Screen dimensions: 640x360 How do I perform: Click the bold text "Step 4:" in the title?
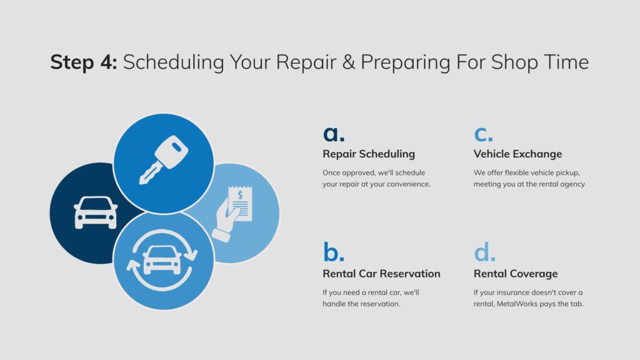[x=84, y=62]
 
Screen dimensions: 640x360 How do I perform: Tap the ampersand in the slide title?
[x=348, y=62]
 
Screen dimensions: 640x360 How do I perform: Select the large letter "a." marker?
[x=334, y=134]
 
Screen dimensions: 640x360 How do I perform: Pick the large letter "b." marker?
[x=334, y=251]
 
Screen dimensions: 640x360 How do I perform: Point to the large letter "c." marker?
[x=483, y=134]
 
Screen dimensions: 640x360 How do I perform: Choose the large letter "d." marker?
[x=484, y=251]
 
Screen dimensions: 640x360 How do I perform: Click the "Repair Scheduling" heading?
[x=369, y=154]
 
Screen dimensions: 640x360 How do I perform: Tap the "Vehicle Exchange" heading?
[x=517, y=154]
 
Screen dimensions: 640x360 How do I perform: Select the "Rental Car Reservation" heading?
[x=381, y=274]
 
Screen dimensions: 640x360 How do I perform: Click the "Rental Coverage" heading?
[x=516, y=274]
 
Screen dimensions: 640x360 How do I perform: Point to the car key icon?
[x=163, y=159]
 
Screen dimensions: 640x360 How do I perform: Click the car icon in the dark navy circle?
[x=96, y=212]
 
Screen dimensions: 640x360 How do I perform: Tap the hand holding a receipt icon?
[x=232, y=214]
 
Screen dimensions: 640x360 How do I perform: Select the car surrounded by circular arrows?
[x=162, y=261]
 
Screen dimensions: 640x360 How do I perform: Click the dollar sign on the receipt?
[x=240, y=195]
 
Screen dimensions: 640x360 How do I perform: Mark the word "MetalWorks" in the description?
[x=517, y=304]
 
